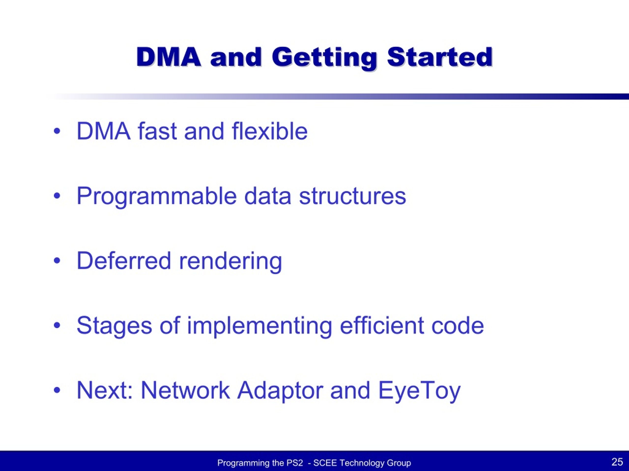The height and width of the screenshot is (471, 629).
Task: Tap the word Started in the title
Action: [x=440, y=57]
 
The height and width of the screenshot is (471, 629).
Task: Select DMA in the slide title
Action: [x=169, y=57]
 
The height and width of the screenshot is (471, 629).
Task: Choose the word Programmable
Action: [x=157, y=197]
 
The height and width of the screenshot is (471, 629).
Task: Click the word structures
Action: [x=353, y=196]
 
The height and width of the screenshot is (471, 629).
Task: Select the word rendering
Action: [x=230, y=262]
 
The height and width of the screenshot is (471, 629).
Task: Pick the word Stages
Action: [x=114, y=326]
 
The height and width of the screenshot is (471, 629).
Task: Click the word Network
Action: [x=186, y=390]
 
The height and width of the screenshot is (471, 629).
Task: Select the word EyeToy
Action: [x=419, y=391]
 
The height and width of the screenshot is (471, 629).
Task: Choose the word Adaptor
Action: [x=280, y=391]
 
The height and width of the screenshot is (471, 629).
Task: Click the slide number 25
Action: [x=617, y=462]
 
